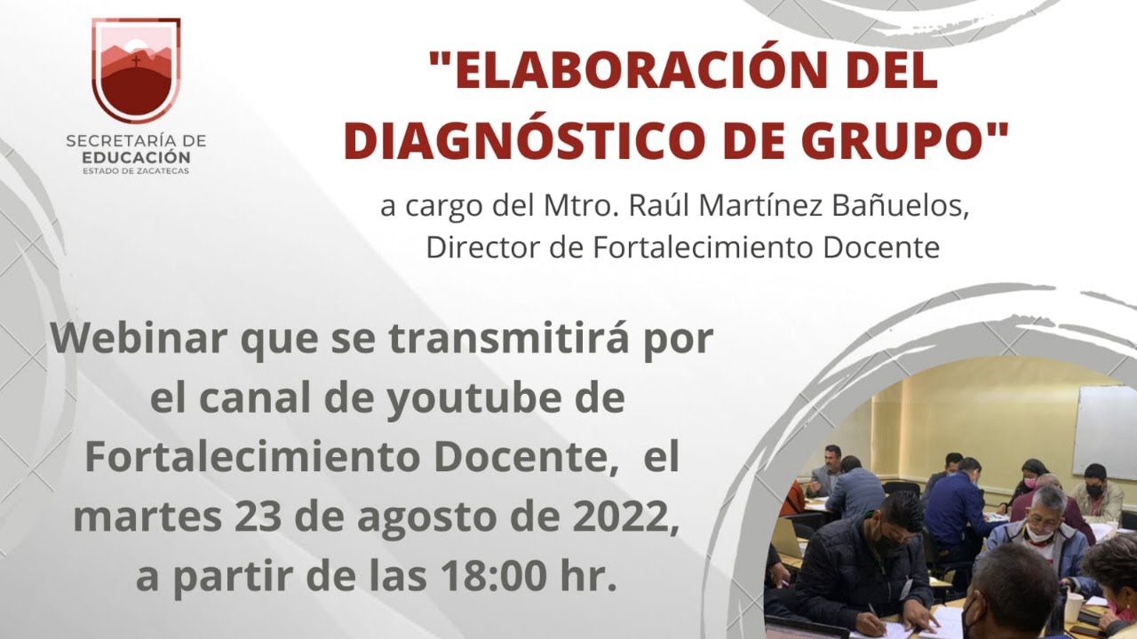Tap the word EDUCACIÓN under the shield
pyautogui.click(x=136, y=156)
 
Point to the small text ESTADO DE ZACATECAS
pyautogui.click(x=136, y=170)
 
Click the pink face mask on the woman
pyautogui.click(x=1030, y=484)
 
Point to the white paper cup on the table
pyautogui.click(x=1074, y=606)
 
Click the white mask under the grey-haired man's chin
pyautogui.click(x=1038, y=534)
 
